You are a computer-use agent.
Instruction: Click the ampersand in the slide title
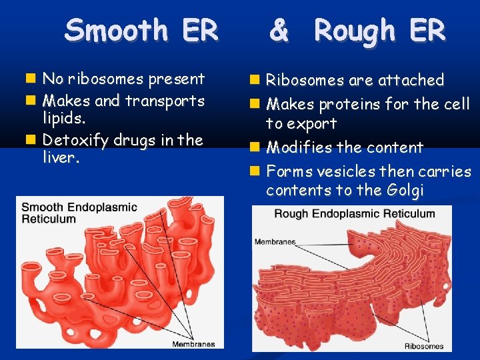[279, 31]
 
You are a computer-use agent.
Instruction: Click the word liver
[61, 160]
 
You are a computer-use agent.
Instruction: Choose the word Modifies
[298, 147]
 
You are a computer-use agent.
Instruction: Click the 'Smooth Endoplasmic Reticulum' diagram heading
[79, 213]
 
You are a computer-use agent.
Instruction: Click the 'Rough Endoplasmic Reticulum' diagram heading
[354, 214]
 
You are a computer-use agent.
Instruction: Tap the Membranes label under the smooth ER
[193, 344]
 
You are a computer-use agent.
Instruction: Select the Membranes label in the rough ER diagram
[275, 242]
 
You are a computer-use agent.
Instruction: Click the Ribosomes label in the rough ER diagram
[423, 345]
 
